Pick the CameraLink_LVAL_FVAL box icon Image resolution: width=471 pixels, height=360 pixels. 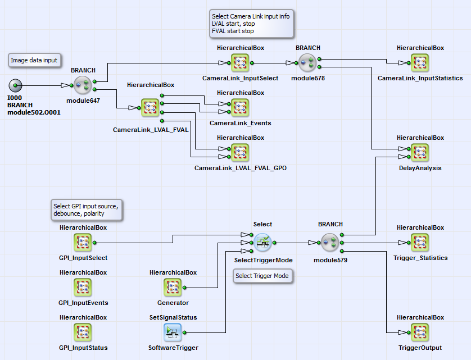pyautogui.click(x=151, y=108)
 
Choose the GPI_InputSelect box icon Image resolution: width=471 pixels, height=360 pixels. pyautogui.click(x=83, y=243)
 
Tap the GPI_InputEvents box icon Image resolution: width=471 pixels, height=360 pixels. pyautogui.click(x=83, y=288)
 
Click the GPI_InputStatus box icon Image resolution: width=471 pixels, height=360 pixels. pyautogui.click(x=83, y=332)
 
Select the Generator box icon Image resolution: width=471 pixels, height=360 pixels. pyautogui.click(x=173, y=288)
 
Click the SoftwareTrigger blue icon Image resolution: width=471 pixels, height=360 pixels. pyautogui.click(x=173, y=332)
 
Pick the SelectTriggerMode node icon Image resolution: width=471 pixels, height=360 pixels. pyautogui.click(x=263, y=243)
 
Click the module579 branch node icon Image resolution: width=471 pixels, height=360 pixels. pyautogui.click(x=330, y=243)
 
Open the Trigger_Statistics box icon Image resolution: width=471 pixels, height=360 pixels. pyautogui.click(x=420, y=243)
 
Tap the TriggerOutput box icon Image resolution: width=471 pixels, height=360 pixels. pyautogui.click(x=420, y=332)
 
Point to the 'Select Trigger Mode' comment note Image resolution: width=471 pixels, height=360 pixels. pyautogui.click(x=262, y=276)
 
